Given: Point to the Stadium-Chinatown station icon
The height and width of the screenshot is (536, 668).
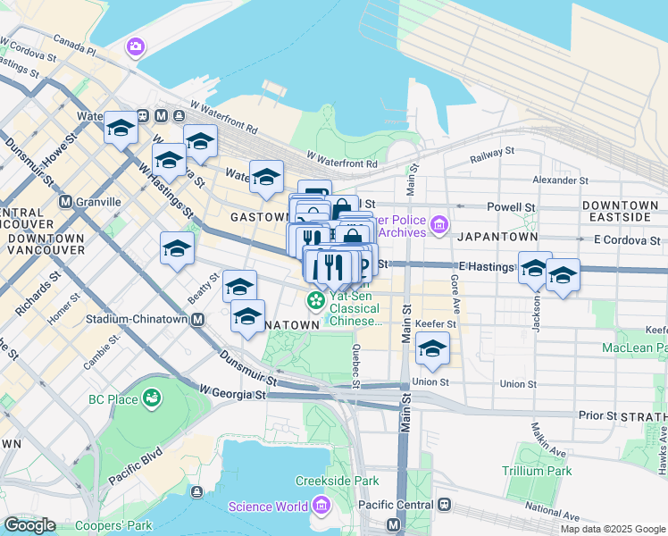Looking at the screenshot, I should coord(197,319).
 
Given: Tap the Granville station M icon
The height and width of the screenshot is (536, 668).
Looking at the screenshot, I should coord(65,202).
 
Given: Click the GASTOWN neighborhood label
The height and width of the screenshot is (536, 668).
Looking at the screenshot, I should coord(259,217).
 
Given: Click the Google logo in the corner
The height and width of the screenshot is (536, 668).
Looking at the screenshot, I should coord(29,525).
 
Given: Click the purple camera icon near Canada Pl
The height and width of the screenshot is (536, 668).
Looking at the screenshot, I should coord(136,46).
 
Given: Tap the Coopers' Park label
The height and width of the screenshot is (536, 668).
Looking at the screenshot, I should coord(113,525).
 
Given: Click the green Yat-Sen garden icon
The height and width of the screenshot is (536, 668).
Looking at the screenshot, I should coord(315,298).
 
